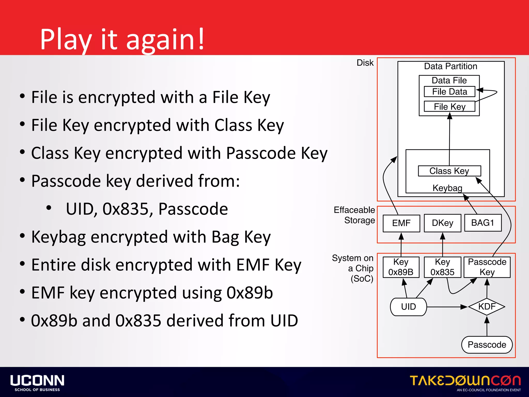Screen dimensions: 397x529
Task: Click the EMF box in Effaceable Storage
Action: (x=401, y=223)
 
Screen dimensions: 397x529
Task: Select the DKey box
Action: (x=442, y=223)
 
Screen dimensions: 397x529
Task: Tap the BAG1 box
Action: (x=483, y=223)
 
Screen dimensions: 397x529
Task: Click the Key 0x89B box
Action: (x=401, y=267)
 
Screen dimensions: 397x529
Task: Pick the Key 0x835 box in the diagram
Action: (x=442, y=267)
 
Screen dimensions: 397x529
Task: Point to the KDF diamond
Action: (x=487, y=307)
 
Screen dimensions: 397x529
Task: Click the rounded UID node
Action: (x=408, y=307)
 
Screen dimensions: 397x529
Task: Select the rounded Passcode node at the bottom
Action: (x=487, y=345)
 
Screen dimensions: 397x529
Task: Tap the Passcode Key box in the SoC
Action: (x=487, y=267)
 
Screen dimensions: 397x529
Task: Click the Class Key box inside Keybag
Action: (x=449, y=171)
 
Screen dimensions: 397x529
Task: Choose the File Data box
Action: (x=449, y=92)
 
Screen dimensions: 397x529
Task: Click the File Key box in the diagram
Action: (x=449, y=106)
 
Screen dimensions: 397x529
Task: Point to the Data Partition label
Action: (x=450, y=66)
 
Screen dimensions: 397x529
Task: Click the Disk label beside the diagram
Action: (x=365, y=63)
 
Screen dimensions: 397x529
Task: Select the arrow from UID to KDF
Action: (x=447, y=307)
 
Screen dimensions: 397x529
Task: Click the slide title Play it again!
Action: (x=122, y=39)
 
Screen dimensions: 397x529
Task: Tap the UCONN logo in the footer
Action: (x=37, y=383)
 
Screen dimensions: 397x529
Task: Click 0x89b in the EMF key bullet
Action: (x=250, y=293)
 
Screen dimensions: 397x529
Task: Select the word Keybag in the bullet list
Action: (x=58, y=237)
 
